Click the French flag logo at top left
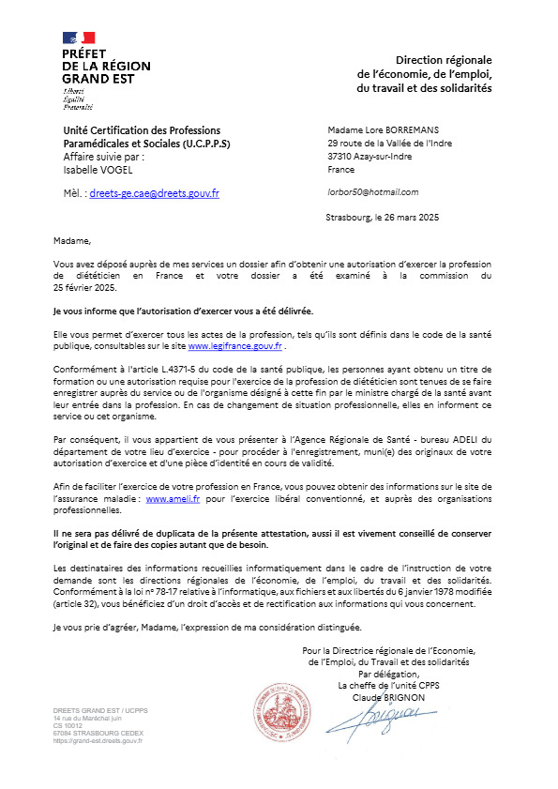[79, 38]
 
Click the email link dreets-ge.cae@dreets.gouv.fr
[154, 193]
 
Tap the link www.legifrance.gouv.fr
[235, 346]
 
